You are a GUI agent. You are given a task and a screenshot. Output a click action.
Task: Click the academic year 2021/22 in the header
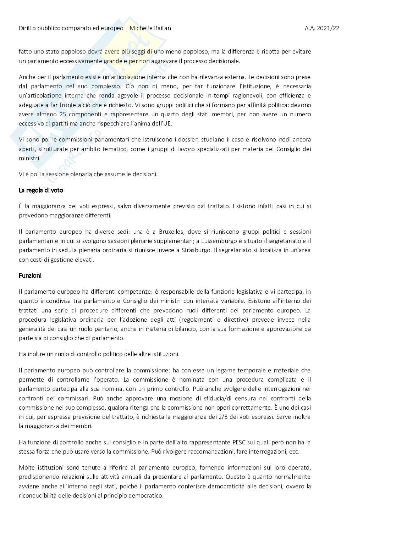click(x=321, y=28)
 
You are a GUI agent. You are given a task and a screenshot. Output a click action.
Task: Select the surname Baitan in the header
click(x=161, y=28)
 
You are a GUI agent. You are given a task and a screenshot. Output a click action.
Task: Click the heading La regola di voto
click(x=41, y=190)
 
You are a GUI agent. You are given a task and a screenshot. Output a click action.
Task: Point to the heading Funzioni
click(x=30, y=276)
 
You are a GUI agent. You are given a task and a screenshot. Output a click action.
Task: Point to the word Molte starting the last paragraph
click(x=27, y=467)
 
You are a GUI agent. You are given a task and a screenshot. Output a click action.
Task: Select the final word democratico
click(x=147, y=495)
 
